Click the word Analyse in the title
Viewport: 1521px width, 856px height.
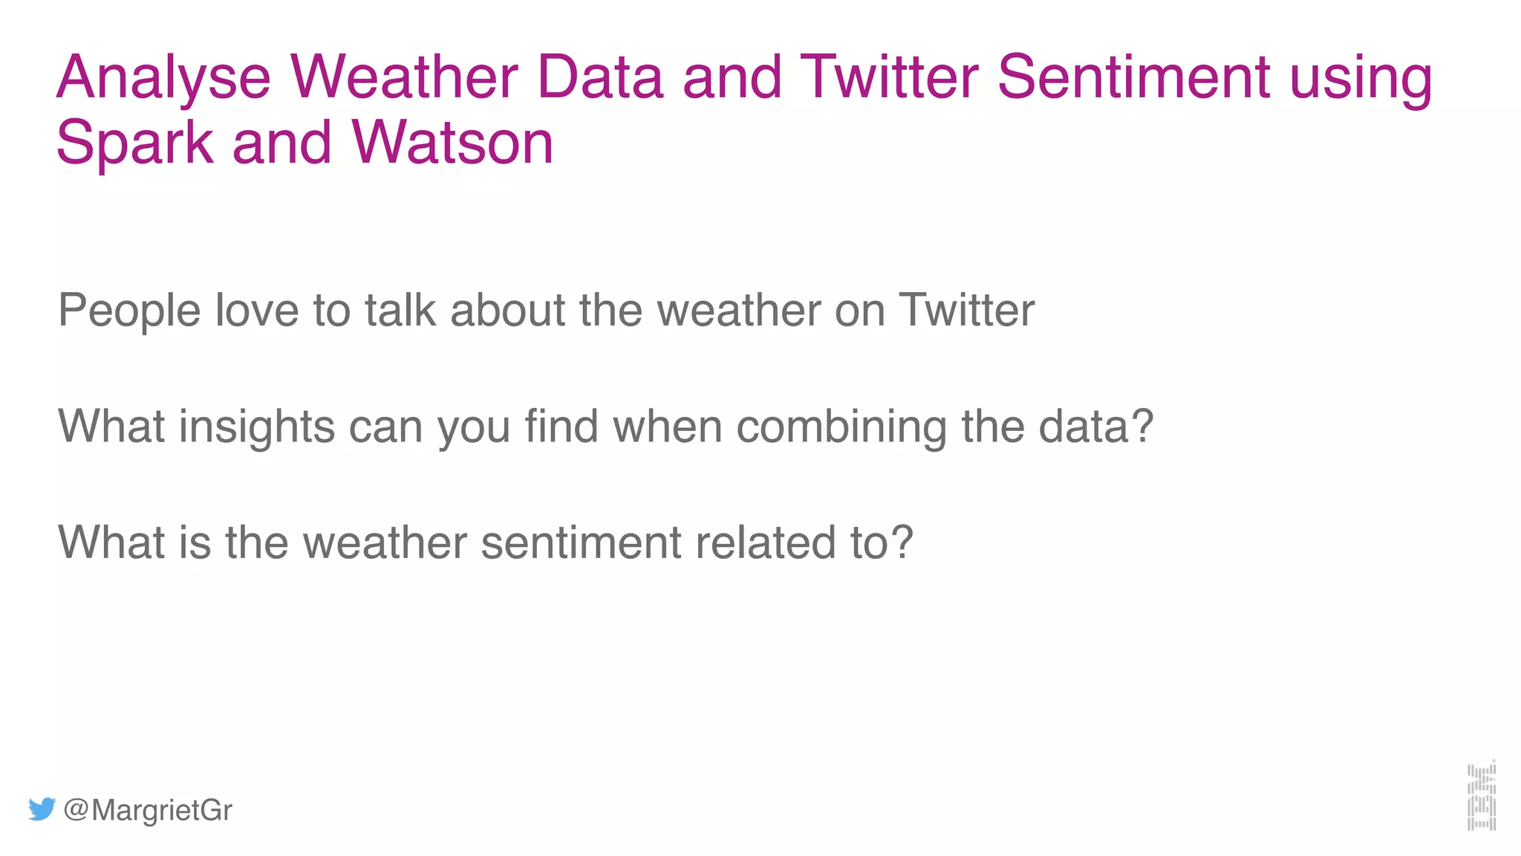click(163, 79)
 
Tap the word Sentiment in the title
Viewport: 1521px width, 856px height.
click(1133, 77)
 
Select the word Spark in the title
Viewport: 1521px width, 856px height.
click(134, 143)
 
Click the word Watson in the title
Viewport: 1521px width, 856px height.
click(452, 143)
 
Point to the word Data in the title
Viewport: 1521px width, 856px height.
click(599, 77)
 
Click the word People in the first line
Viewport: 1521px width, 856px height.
click(129, 311)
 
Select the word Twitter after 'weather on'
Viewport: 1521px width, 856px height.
click(966, 310)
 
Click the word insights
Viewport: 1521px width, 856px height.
click(256, 427)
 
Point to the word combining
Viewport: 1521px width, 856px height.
click(841, 428)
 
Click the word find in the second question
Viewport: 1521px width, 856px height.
click(561, 427)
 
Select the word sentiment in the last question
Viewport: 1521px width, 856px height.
click(581, 542)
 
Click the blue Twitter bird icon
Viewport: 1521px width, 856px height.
click(42, 809)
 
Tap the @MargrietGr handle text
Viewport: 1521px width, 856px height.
click(148, 810)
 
